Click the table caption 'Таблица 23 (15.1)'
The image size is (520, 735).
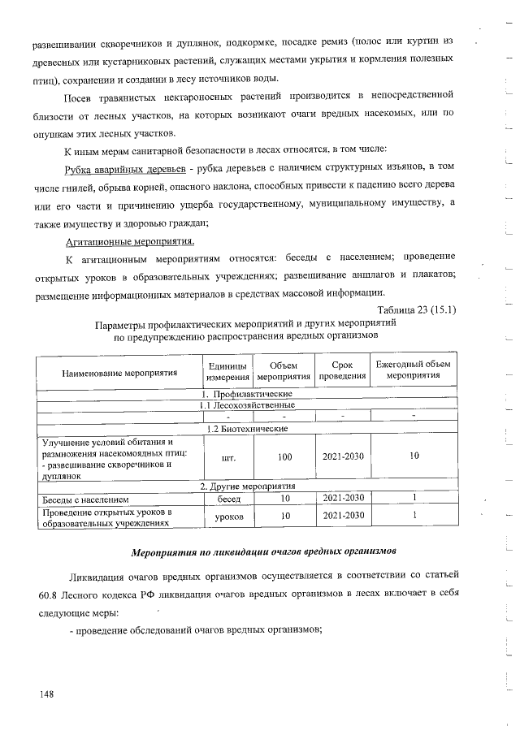point(417,309)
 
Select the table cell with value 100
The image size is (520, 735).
point(284,456)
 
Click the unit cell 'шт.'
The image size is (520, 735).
point(227,456)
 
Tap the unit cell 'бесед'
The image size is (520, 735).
point(227,498)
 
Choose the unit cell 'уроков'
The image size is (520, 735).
point(227,516)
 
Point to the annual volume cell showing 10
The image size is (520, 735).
point(414,456)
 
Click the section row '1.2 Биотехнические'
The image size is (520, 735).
point(246,428)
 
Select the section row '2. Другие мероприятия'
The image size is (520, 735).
point(246,486)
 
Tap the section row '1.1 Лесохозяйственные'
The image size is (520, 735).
point(246,404)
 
